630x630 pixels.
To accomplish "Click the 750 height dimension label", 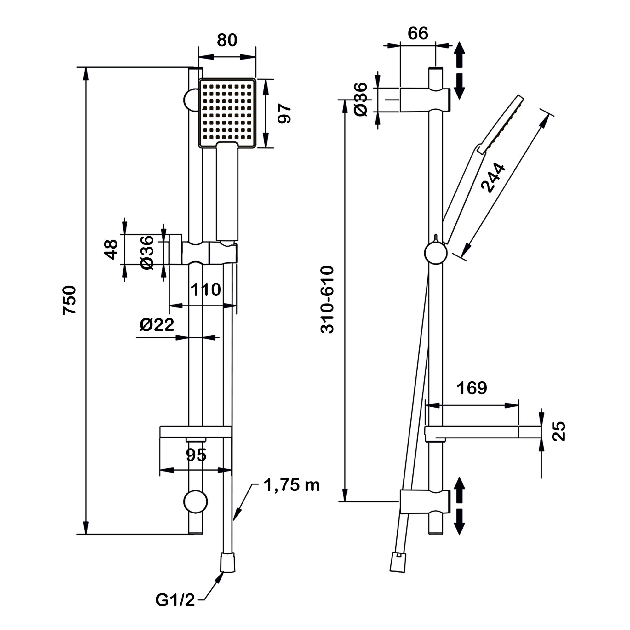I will tap(69, 300).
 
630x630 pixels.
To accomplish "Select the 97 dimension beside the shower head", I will tap(284, 113).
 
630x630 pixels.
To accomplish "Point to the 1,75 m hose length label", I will tap(291, 485).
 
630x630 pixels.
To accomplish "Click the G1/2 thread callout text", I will tap(175, 600).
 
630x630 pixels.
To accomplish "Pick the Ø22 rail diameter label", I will tap(157, 325).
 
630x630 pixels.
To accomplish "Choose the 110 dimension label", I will tap(205, 289).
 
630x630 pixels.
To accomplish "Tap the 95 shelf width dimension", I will tap(196, 455).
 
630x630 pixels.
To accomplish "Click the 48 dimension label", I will tap(111, 249).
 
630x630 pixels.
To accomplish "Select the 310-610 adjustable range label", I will tap(327, 299).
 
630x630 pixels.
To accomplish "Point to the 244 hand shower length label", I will tap(493, 178).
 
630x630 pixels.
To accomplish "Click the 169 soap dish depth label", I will tap(472, 388).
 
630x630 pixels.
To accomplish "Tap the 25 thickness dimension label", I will tap(558, 432).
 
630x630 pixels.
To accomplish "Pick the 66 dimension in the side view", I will tap(418, 33).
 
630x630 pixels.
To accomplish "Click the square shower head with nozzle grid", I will tap(227, 113).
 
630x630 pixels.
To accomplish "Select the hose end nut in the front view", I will tap(228, 563).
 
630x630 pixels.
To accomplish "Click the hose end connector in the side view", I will tap(398, 563).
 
